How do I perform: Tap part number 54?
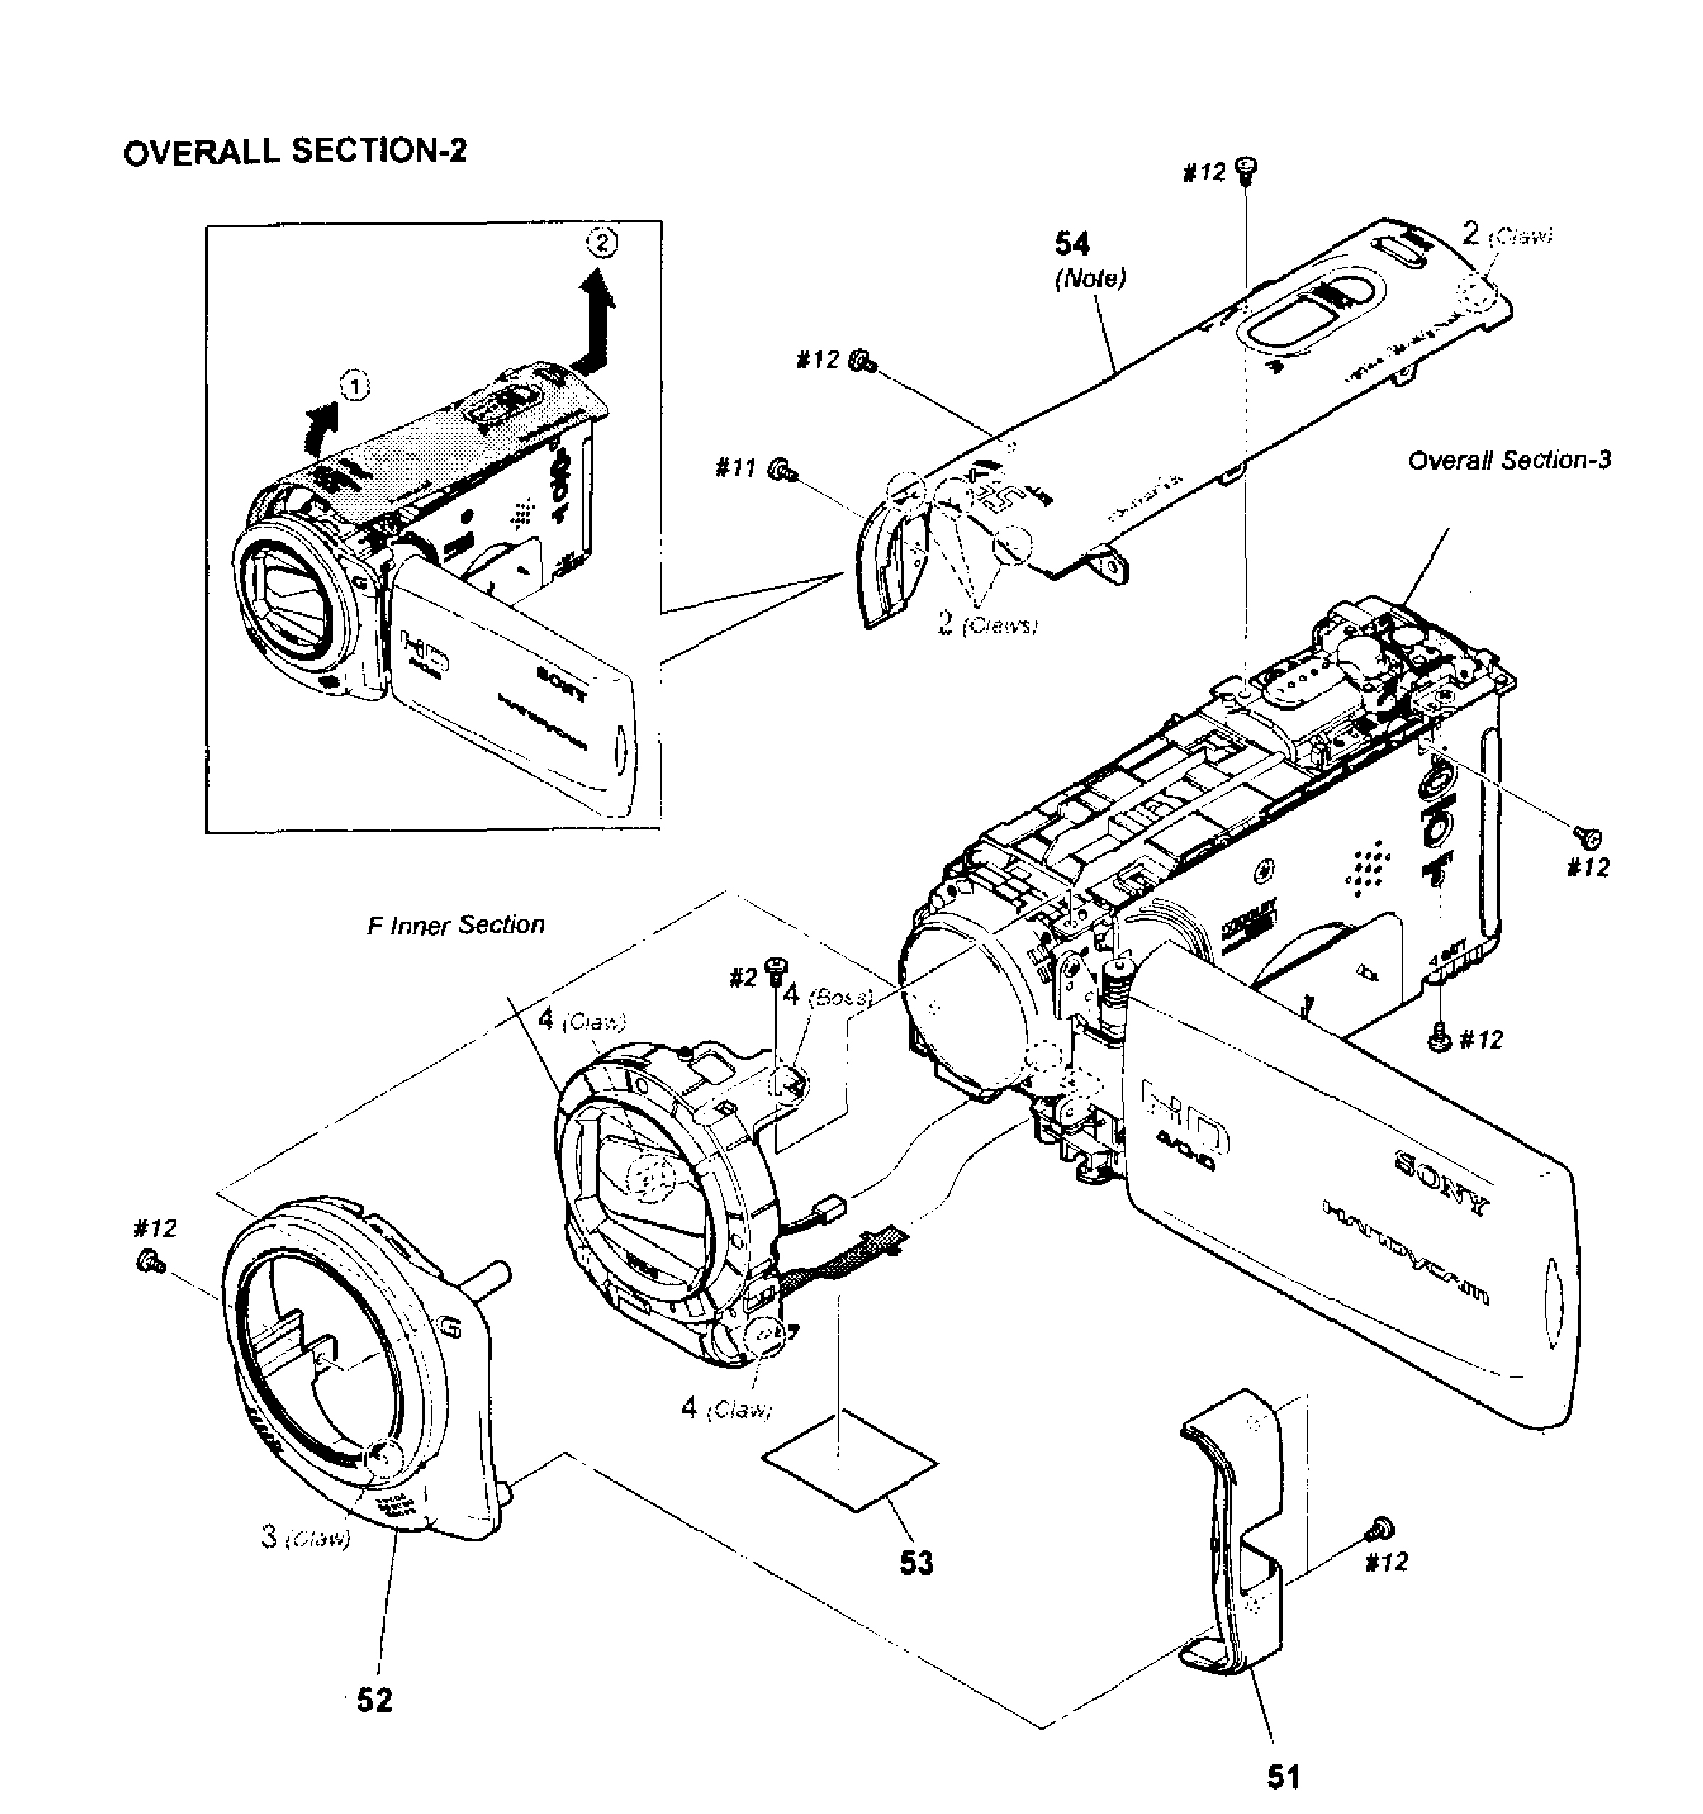coord(1073,244)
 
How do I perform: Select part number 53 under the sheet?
coord(915,1563)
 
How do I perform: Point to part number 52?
coord(374,1700)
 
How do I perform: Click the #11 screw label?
coord(736,469)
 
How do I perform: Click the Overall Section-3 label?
coord(1510,460)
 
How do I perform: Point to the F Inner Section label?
coord(456,925)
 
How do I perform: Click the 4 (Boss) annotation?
coord(827,995)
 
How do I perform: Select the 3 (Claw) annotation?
coord(305,1538)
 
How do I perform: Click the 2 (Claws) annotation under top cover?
coord(989,624)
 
